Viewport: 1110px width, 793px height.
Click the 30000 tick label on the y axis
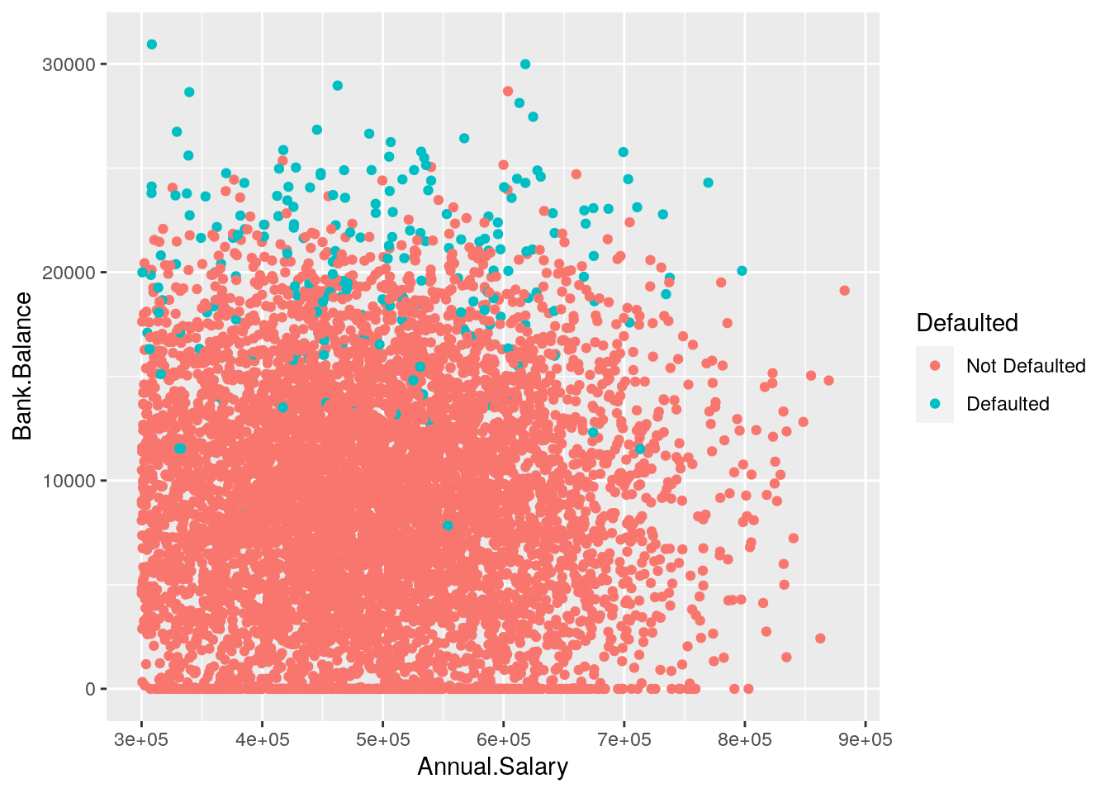69,64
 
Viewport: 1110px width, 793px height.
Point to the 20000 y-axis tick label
69,273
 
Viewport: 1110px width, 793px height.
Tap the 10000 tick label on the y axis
69,481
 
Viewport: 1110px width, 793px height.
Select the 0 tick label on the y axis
90,689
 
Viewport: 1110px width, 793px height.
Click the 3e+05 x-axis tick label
141,739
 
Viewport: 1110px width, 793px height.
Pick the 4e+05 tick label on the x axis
262,739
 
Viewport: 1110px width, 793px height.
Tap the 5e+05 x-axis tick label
382,739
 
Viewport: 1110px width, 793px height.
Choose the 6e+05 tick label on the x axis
503,739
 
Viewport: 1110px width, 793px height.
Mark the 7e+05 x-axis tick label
624,739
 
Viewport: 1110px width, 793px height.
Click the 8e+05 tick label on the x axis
744,739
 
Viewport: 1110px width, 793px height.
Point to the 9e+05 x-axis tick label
865,739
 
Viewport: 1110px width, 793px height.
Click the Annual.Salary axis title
493,767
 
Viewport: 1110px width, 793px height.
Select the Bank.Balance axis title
22,366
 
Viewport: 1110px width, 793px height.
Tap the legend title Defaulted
967,323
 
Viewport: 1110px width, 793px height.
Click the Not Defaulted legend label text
1026,366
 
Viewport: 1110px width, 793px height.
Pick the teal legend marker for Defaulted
935,404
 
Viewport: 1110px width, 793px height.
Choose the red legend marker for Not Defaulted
935,366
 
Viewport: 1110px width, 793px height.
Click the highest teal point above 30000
151,45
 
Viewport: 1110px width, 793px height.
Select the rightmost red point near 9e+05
844,290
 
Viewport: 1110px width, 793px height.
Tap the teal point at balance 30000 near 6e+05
525,64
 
